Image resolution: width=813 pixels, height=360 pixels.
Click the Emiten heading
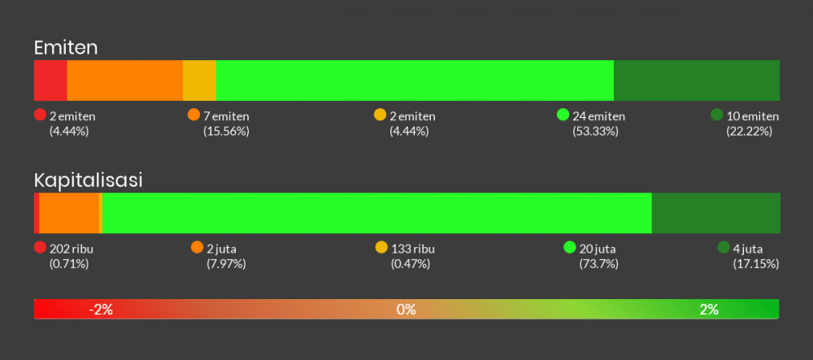tap(66, 47)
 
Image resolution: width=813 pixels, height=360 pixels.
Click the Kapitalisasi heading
tap(89, 180)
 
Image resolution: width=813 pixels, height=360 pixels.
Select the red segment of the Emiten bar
tap(50, 80)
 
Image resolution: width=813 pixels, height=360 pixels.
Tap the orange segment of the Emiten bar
tap(125, 80)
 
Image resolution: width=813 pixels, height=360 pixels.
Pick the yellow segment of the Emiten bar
tap(199, 80)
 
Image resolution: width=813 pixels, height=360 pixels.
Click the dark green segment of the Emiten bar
tap(697, 80)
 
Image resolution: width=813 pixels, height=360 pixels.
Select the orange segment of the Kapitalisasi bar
tap(69, 213)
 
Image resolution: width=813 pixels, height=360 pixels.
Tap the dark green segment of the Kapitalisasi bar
tap(716, 213)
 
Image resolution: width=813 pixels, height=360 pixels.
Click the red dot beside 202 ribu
tap(40, 248)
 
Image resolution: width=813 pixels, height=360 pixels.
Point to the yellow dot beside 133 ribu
tap(381, 248)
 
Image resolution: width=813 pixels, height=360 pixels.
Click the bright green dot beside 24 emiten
tap(563, 115)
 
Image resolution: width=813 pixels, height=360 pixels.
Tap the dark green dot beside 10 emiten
tap(716, 115)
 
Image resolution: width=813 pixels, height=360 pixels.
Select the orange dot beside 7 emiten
tap(193, 115)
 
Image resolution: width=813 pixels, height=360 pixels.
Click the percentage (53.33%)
tap(595, 131)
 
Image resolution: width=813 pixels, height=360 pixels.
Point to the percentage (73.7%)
tap(598, 263)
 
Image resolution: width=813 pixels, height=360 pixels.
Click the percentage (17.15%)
tap(756, 263)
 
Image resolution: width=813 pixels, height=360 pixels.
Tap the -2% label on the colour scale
tap(101, 309)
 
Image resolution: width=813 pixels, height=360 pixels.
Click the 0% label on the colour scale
tap(406, 309)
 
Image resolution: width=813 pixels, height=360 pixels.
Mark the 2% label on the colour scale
tap(709, 309)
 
